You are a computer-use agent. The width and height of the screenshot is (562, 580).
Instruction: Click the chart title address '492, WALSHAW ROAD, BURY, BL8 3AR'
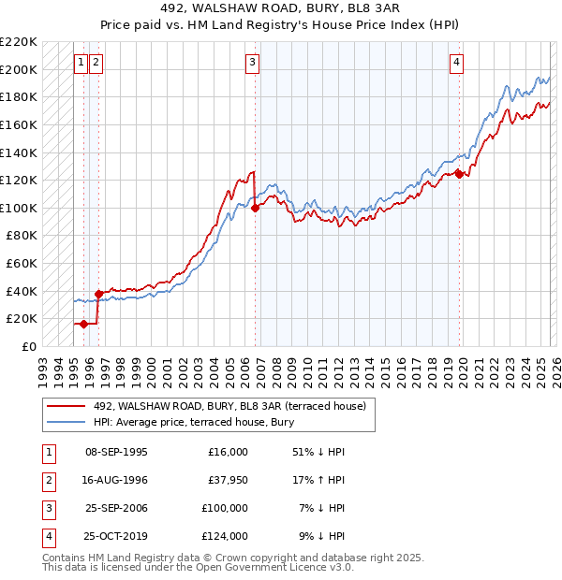tap(281, 8)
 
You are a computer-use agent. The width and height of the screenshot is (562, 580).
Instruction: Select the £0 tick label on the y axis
tap(29, 346)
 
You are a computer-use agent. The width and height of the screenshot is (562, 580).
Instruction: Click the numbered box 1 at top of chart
tap(81, 63)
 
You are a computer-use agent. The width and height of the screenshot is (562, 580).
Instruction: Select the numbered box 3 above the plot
tap(253, 63)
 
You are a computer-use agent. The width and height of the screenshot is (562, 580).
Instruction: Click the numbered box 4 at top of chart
tap(456, 63)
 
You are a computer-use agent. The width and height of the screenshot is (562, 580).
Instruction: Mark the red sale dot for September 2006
tap(256, 208)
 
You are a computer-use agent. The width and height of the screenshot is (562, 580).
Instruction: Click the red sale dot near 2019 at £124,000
tap(459, 174)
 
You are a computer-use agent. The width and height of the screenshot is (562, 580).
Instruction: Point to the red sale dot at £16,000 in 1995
tap(84, 324)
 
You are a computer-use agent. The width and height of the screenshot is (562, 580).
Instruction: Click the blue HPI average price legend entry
tap(193, 423)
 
